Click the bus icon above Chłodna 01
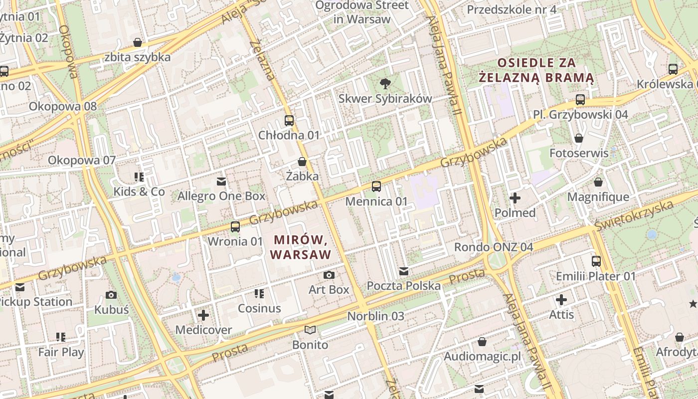[x=289, y=120]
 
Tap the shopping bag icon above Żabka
[x=302, y=162]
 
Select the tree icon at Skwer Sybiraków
[x=385, y=83]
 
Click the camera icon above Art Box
[x=329, y=275]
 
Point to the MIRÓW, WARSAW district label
[x=300, y=247]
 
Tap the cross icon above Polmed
[x=515, y=198]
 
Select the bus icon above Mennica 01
[x=376, y=187]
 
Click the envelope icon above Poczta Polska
[x=404, y=271]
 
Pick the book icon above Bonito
[x=310, y=330]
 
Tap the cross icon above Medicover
[x=203, y=315]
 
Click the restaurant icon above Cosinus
[x=259, y=293]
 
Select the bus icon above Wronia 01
[x=235, y=227]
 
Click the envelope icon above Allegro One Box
[x=221, y=181]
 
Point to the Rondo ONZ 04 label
[x=493, y=247]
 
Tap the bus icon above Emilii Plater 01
[x=596, y=261]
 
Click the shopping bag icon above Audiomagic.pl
[x=482, y=342]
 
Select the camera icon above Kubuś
[x=111, y=295]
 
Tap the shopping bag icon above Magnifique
[x=598, y=182]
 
